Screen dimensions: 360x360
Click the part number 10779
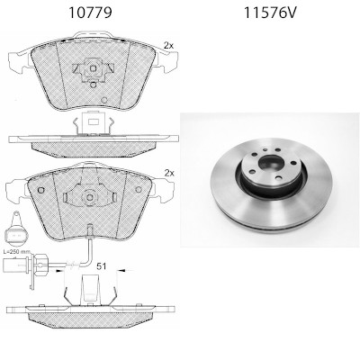click(x=90, y=13)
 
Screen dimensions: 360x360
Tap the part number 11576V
click(x=270, y=13)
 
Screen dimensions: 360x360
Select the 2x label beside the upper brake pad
click(x=168, y=46)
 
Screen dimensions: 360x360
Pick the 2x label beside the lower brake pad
click(x=169, y=173)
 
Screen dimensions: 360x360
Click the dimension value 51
click(x=102, y=265)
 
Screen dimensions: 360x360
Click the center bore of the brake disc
click(x=271, y=163)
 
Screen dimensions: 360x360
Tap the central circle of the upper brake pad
click(x=93, y=68)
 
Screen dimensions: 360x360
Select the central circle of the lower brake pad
click(x=90, y=197)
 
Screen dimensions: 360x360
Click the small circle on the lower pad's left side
click(x=40, y=190)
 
